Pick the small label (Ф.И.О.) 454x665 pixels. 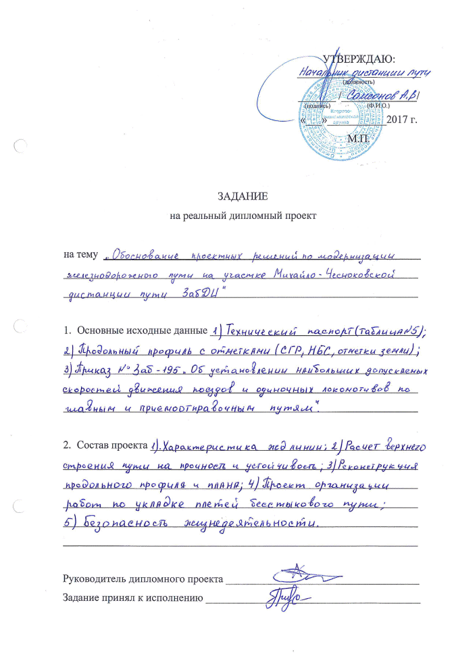coord(378,105)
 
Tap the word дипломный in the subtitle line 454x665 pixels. coord(251,216)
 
